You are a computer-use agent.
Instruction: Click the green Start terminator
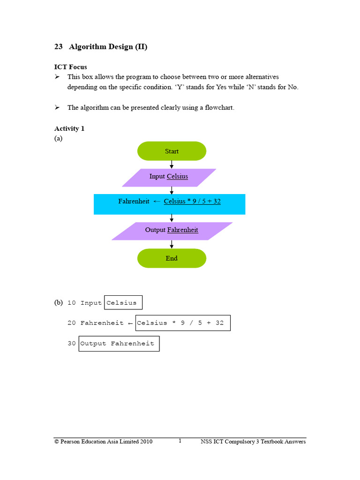172,151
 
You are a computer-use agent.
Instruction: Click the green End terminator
172,258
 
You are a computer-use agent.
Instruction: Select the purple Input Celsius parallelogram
169,177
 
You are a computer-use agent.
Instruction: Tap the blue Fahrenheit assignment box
169,204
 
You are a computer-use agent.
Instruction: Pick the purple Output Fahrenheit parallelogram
172,231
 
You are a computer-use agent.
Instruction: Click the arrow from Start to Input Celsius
172,164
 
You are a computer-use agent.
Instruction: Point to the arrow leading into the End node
172,244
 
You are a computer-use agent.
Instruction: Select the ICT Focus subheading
70,67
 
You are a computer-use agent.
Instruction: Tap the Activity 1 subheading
69,128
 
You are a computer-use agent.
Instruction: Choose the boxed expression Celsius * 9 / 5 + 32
182,323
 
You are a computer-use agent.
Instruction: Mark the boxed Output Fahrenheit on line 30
119,344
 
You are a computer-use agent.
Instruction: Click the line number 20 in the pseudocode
72,323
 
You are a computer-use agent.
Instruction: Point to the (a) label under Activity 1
58,138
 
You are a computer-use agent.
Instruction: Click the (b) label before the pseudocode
58,303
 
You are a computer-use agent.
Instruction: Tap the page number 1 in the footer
180,441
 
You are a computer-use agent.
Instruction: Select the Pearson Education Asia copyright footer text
103,442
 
